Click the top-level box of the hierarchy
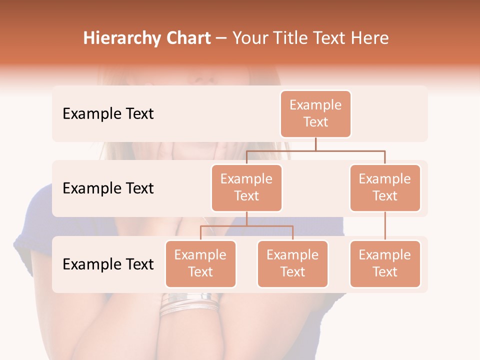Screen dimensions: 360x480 coord(315,114)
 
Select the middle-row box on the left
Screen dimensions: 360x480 coord(246,188)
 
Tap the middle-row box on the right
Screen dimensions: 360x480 coord(385,188)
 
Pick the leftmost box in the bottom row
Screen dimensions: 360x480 coord(200,264)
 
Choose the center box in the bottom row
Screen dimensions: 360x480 coord(292,264)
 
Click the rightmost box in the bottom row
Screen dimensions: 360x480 coord(385,264)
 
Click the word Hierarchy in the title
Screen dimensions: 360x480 coord(121,38)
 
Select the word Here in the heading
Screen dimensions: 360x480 coord(369,38)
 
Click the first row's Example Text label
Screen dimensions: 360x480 coord(108,114)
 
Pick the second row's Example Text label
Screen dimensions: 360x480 coord(108,188)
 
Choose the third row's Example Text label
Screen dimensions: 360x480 coord(108,264)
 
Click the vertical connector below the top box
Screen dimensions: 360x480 coord(315,144)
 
